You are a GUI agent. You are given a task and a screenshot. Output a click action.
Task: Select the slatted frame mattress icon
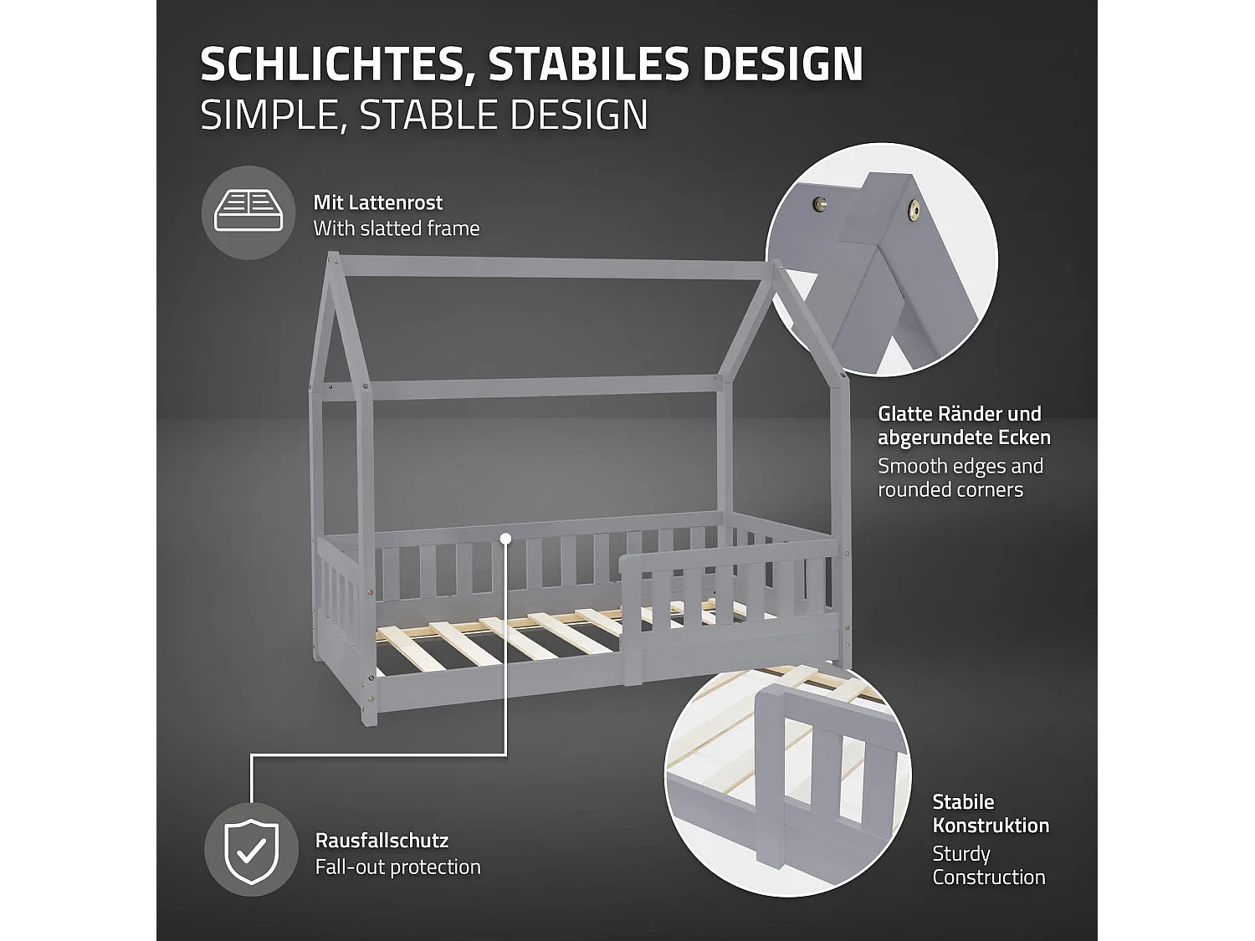pyautogui.click(x=248, y=212)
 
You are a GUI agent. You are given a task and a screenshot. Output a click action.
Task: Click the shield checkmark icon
pyautogui.click(x=251, y=850)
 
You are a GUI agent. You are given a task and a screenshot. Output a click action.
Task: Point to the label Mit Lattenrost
pyautogui.click(x=377, y=202)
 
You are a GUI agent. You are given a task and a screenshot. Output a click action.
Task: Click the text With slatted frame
pyautogui.click(x=396, y=228)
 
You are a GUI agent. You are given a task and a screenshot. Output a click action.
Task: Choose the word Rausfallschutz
pyautogui.click(x=382, y=841)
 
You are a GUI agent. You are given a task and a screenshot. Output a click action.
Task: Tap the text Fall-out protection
pyautogui.click(x=397, y=867)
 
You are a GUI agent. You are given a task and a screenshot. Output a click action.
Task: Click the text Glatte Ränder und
pyautogui.click(x=959, y=414)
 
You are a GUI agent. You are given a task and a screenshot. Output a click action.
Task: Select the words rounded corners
pyautogui.click(x=950, y=490)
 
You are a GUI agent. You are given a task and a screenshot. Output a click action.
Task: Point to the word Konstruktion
pyautogui.click(x=991, y=826)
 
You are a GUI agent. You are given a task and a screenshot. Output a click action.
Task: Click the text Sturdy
pyautogui.click(x=960, y=854)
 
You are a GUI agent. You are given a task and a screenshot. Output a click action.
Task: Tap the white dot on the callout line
pyautogui.click(x=505, y=539)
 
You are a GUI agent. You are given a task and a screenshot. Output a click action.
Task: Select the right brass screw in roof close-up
pyautogui.click(x=914, y=211)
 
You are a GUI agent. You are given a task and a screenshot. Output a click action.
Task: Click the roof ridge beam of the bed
pyautogui.click(x=552, y=268)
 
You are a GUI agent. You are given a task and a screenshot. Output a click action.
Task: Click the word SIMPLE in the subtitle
pyautogui.click(x=268, y=115)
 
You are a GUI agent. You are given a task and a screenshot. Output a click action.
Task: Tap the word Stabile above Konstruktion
pyautogui.click(x=963, y=802)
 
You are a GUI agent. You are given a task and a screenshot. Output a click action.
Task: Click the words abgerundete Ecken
pyautogui.click(x=964, y=438)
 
